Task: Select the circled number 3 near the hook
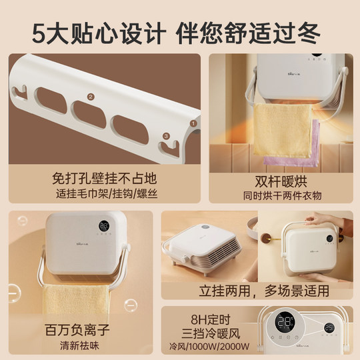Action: [x=166, y=137]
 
